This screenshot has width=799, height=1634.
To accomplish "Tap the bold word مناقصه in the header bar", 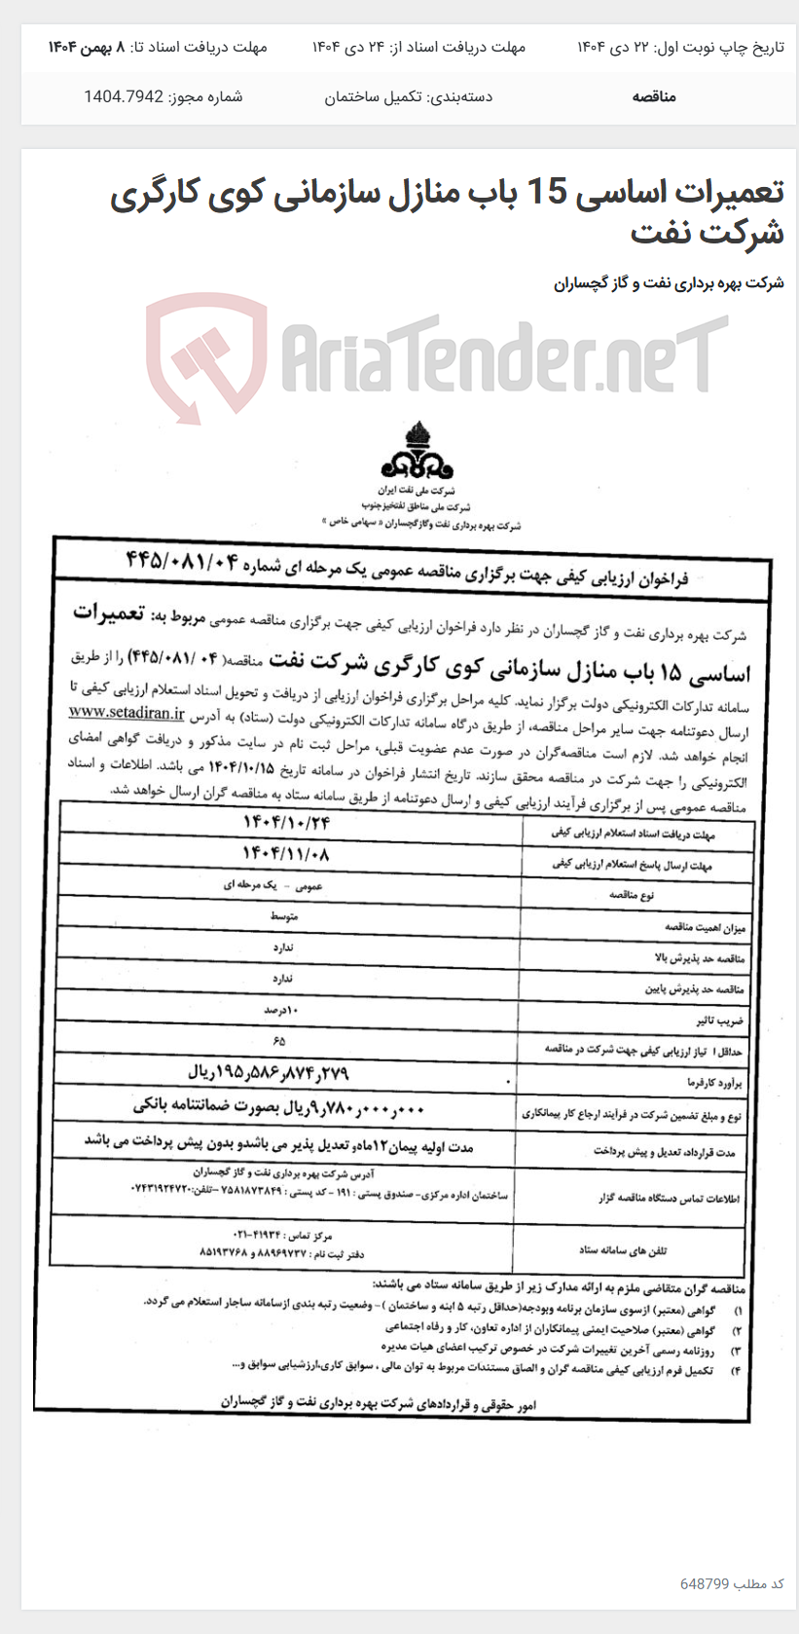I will [x=653, y=96].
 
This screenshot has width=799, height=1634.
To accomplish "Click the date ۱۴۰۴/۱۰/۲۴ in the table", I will [x=287, y=823].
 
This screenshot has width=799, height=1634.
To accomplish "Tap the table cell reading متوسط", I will [x=284, y=917].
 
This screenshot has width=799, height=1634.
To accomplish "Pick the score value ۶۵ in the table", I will [x=280, y=1041].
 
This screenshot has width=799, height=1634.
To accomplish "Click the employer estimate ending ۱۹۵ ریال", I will [x=268, y=1073].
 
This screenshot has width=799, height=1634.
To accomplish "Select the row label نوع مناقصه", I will [x=632, y=894].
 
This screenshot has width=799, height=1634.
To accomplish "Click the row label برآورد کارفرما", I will [x=715, y=1082].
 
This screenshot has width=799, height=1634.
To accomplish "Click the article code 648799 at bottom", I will [x=705, y=1583].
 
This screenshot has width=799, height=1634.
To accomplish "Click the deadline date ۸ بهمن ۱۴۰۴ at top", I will [x=88, y=47].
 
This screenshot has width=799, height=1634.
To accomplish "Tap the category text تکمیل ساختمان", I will [x=374, y=96].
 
